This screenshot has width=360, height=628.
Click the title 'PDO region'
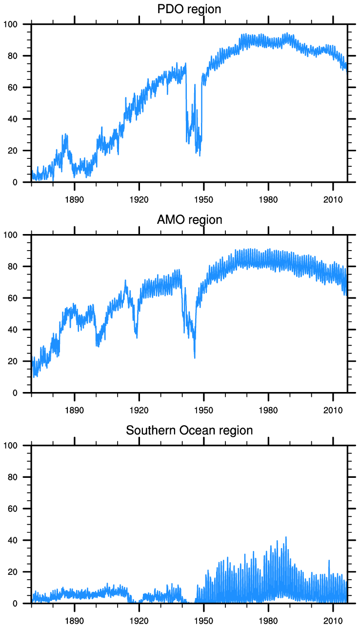pos(189,9)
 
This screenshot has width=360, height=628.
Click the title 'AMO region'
pos(189,220)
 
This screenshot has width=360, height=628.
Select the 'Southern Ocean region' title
pos(189,431)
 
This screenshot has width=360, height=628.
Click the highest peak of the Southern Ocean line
pos(286,537)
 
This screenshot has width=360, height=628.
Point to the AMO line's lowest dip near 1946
pos(195,358)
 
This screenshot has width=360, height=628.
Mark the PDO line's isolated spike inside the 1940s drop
pos(195,85)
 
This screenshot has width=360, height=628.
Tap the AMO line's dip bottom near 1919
pos(137,337)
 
